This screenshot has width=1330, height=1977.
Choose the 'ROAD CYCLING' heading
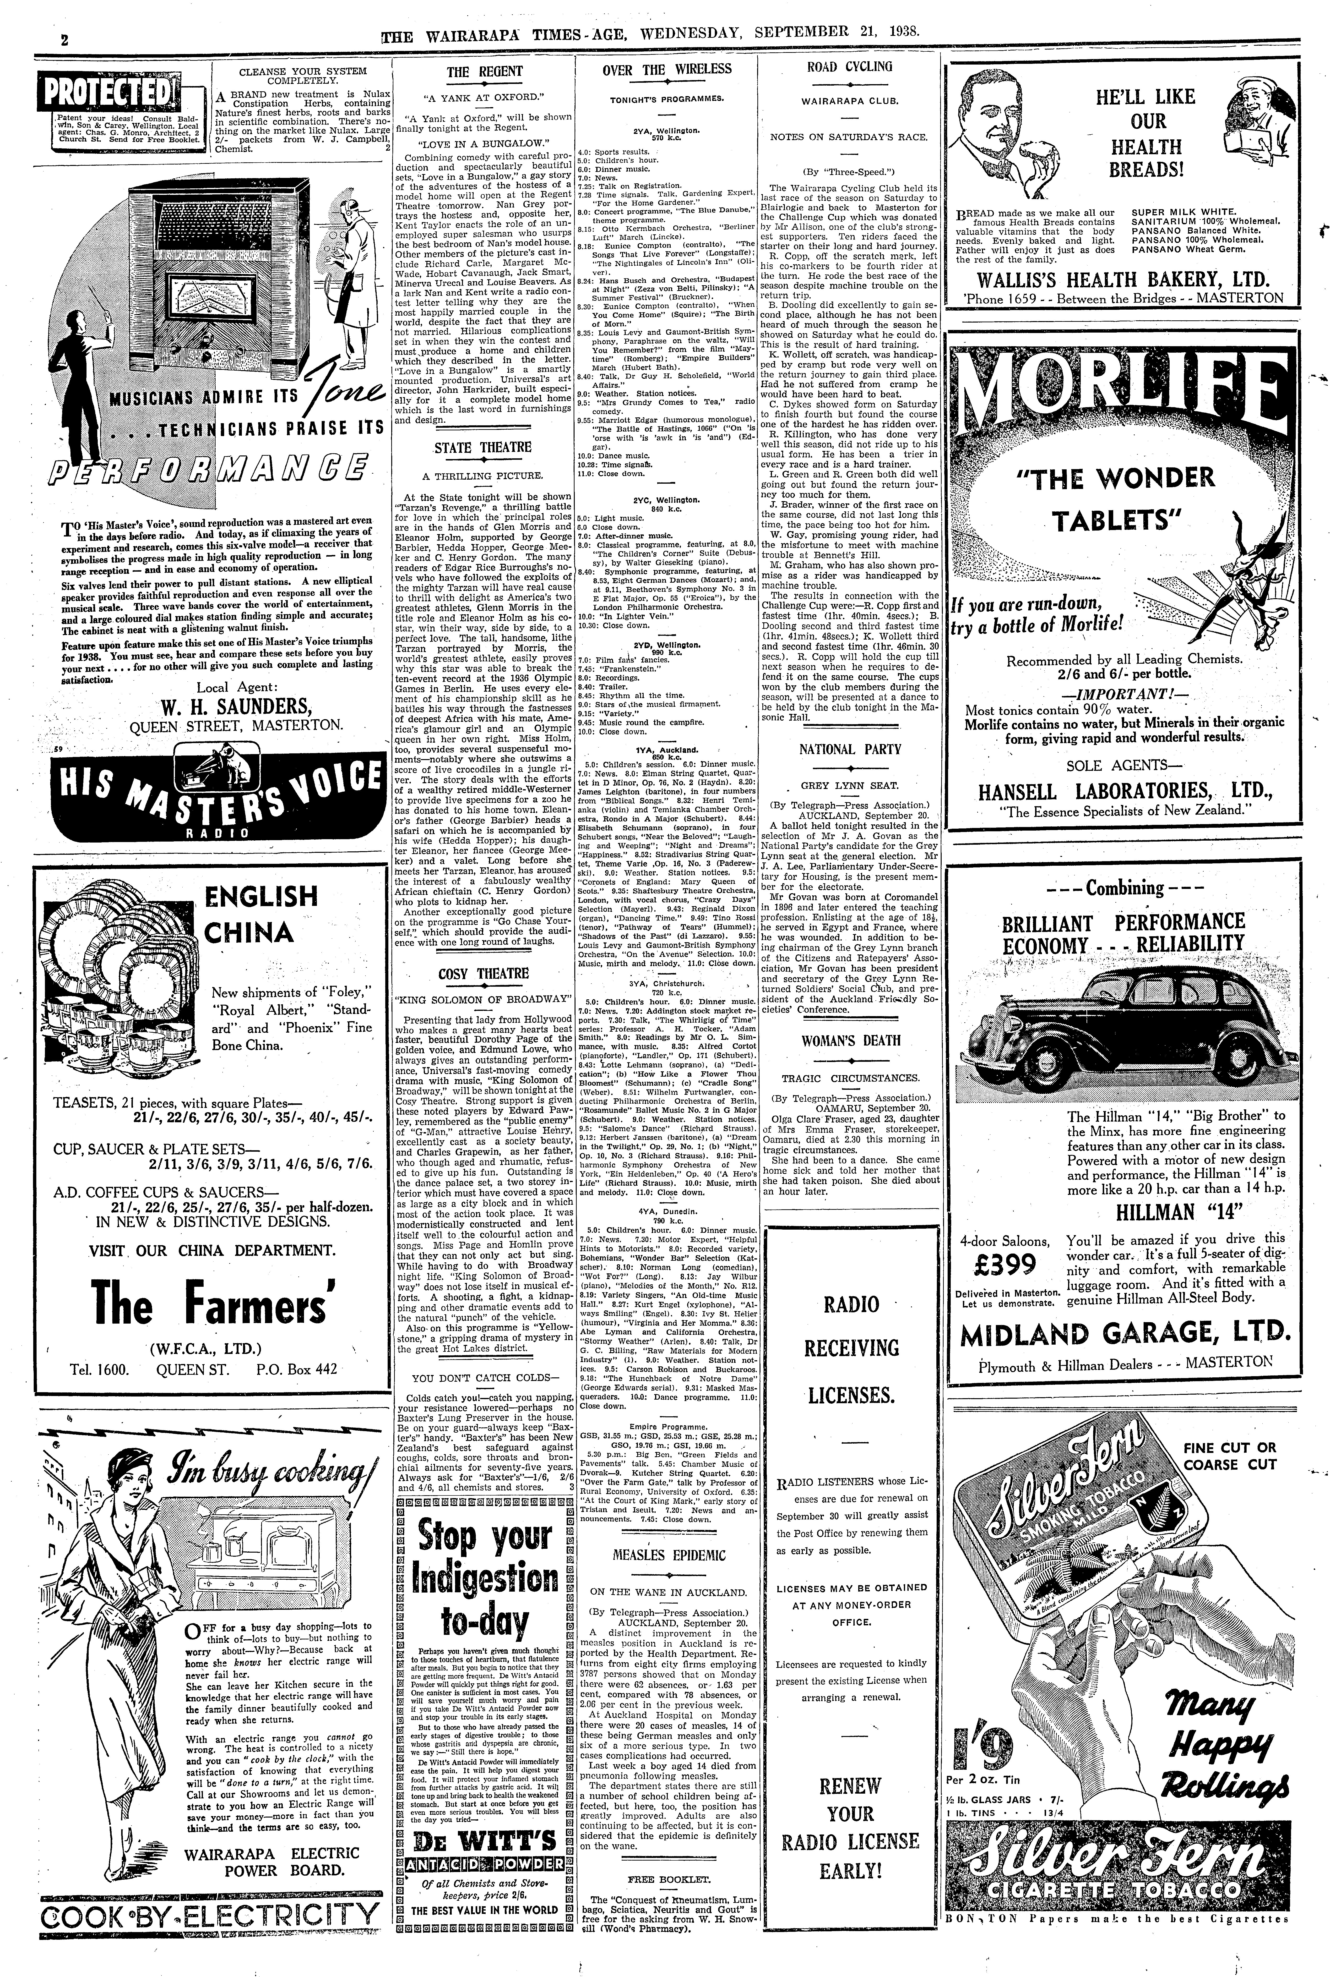[x=849, y=67]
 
